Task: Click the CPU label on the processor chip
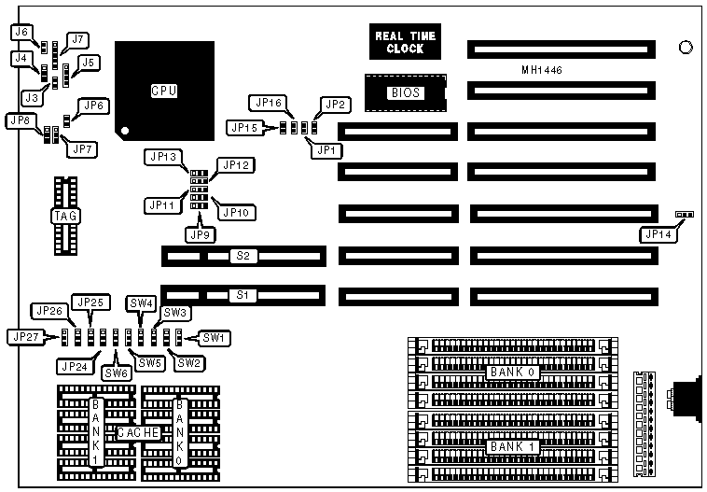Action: point(164,91)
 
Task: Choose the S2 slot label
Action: point(243,254)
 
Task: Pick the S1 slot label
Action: point(243,295)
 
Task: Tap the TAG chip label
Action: point(65,217)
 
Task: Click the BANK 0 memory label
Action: point(511,373)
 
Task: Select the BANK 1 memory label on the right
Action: point(511,446)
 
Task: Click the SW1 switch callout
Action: point(215,336)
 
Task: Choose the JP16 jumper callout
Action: point(265,102)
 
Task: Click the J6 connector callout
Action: point(23,33)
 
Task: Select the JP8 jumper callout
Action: point(22,121)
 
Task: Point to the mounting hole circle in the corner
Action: point(686,47)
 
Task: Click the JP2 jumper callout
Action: point(334,104)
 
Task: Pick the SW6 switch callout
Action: point(116,373)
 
